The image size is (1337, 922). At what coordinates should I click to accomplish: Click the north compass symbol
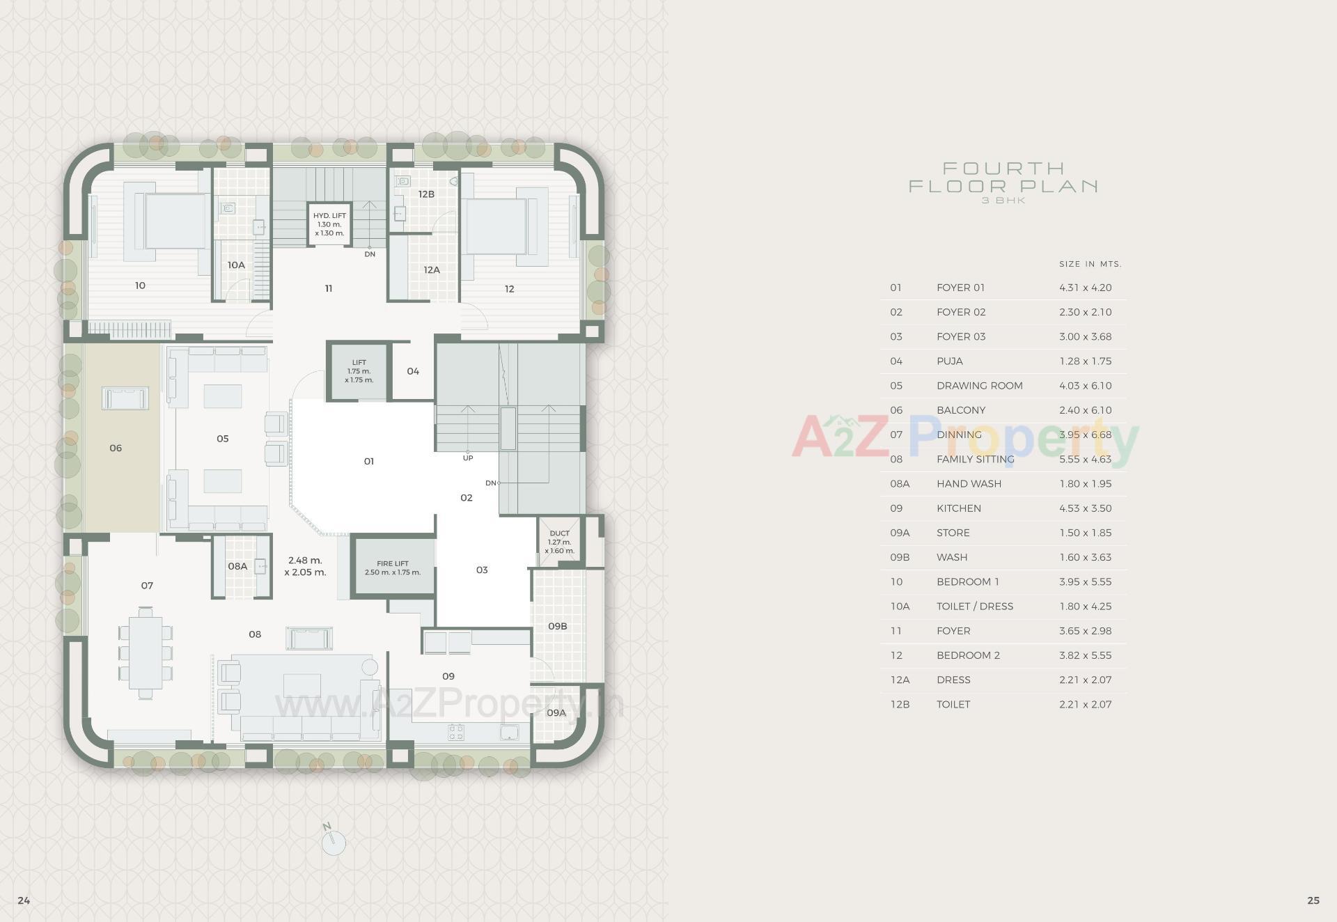[x=334, y=842]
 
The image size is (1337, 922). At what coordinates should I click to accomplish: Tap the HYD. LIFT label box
[x=329, y=224]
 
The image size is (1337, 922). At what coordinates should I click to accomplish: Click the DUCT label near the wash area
[x=559, y=533]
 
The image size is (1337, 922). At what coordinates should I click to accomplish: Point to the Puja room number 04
[x=413, y=371]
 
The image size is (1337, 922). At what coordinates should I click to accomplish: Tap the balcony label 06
[x=116, y=448]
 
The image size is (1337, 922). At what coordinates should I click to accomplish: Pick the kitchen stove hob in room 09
[x=456, y=732]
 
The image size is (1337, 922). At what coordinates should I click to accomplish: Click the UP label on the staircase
[x=468, y=458]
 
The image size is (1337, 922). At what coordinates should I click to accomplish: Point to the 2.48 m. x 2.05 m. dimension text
[x=305, y=566]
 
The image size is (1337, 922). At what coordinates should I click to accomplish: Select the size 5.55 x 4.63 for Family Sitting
[x=1086, y=459]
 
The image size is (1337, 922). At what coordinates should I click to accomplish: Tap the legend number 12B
[x=900, y=704]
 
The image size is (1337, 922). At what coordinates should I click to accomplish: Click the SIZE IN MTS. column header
[x=1090, y=264]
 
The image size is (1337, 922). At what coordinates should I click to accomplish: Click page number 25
[x=1313, y=900]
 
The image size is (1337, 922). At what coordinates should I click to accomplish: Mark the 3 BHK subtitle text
[x=1003, y=201]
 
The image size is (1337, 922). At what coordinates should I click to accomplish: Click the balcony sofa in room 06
[x=125, y=399]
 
